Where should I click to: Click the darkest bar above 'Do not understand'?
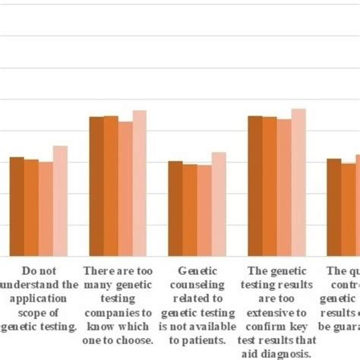[x=17, y=206]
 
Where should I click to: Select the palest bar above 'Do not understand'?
[x=60, y=201]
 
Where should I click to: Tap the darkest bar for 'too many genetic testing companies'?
[x=96, y=186]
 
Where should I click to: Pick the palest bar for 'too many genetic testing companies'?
[x=140, y=183]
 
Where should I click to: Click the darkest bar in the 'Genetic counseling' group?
[x=175, y=208]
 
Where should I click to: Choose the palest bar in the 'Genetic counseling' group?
[x=219, y=204]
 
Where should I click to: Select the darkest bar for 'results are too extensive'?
[x=255, y=185]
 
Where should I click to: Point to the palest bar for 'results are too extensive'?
[x=298, y=182]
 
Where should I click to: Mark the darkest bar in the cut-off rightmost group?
[x=334, y=207]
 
